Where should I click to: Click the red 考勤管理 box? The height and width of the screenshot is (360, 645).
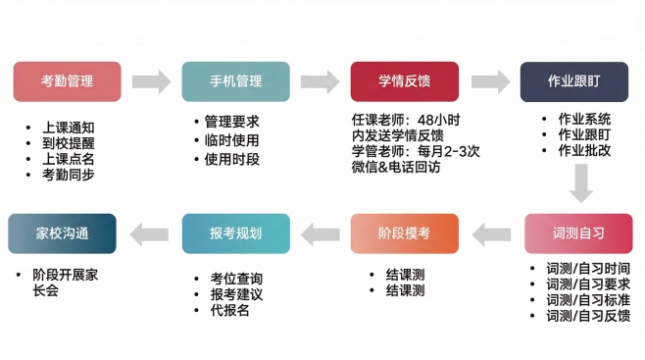tap(67, 81)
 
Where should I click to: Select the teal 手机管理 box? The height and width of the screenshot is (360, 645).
tap(236, 81)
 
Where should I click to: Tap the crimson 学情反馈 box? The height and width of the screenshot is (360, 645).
tap(405, 81)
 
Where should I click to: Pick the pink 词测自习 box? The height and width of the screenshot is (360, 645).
tap(577, 233)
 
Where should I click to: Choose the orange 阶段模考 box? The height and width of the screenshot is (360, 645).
tap(404, 233)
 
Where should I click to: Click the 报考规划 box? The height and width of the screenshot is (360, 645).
tap(236, 233)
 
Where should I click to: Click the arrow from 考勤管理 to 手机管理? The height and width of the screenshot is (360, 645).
tap(151, 81)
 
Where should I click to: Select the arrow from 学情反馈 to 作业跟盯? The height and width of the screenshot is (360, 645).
tap(488, 81)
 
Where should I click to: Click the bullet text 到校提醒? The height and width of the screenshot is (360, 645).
tap(69, 143)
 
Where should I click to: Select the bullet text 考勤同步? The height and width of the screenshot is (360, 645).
tap(69, 175)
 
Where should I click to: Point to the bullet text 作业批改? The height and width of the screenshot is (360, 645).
tap(584, 150)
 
